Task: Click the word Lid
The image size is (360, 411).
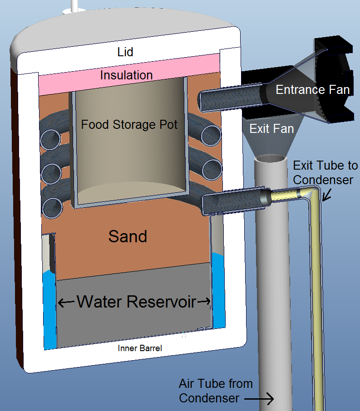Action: pos(125,52)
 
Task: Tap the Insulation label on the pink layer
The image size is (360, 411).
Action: pos(126,75)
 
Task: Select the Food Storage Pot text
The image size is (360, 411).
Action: pos(129,124)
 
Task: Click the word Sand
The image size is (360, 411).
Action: pos(128,236)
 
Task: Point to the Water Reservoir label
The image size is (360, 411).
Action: pos(136,301)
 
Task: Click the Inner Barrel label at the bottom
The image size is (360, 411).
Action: pos(139,348)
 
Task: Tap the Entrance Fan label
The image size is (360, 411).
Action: pos(312,89)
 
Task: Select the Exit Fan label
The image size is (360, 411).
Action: pos(271,128)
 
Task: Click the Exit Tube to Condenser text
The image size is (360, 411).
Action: pos(325,173)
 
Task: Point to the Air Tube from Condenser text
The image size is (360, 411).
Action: pos(216,391)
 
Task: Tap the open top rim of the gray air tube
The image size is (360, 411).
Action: pos(271,159)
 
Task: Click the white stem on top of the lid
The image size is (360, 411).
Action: pos(75,5)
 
